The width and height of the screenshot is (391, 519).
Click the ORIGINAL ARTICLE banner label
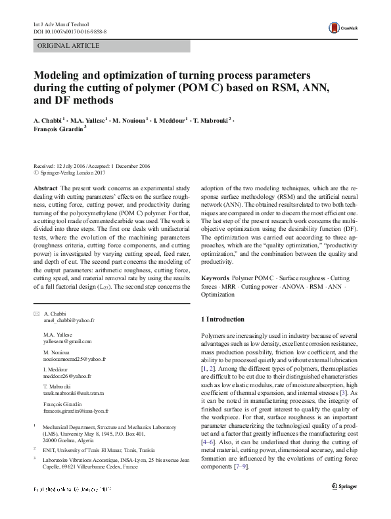click(69, 46)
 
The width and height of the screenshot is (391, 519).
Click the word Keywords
click(216, 279)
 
